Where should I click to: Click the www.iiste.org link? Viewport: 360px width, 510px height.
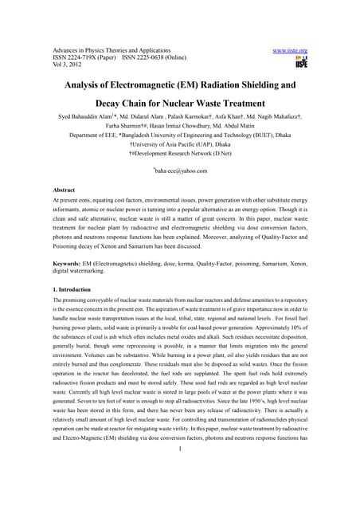point(290,50)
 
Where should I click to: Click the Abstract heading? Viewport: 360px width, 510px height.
point(65,190)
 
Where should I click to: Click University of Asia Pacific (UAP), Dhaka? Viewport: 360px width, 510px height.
point(181,145)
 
